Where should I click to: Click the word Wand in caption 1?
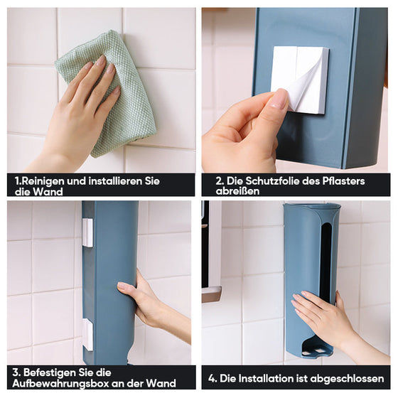(x=48, y=191)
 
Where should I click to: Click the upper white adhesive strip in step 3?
(x=87, y=232)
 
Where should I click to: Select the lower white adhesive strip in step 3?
(x=87, y=334)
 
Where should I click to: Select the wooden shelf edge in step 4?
(x=211, y=294)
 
